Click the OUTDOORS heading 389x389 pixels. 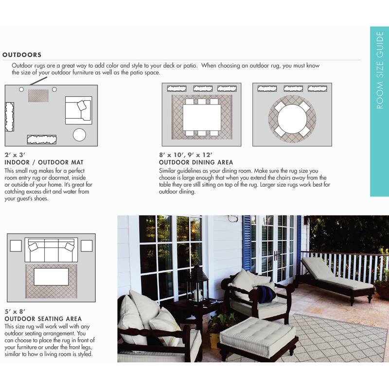coord(22,55)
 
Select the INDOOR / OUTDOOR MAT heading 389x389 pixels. coord(44,162)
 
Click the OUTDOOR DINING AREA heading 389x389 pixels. coord(196,162)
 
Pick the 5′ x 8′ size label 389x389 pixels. coord(15,311)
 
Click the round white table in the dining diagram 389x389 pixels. coord(292,119)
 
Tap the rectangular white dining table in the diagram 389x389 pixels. coord(201,117)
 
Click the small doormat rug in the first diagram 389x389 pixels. coord(39,95)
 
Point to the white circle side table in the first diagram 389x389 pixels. coord(79,134)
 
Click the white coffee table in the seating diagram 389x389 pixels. coord(51,277)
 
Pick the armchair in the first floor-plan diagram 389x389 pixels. coord(78,110)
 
